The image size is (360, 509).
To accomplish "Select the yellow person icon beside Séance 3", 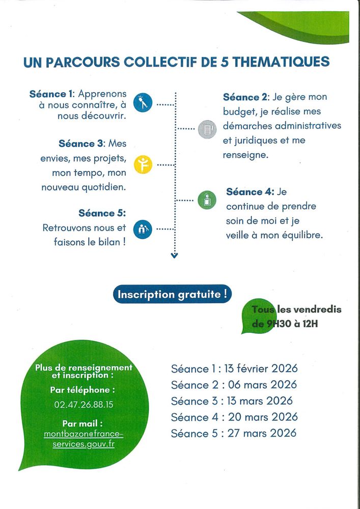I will tap(143, 164).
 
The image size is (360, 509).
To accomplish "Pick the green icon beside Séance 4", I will tap(207, 200).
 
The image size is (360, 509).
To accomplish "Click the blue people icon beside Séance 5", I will tap(143, 230).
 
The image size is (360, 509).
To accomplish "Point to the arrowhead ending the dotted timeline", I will tap(175, 256).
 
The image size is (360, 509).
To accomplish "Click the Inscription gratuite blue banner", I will tap(172, 294).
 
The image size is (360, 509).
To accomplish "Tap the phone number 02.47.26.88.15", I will tap(84, 405).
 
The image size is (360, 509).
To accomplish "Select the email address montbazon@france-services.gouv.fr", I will tap(84, 438).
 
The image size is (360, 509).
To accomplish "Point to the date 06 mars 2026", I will tap(254, 384).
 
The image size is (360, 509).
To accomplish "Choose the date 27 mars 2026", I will tap(254, 433).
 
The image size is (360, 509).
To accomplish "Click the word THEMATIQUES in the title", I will tap(282, 62).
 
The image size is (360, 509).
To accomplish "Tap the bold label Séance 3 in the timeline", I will tap(81, 144).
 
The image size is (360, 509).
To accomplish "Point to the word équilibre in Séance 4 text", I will tap(300, 235).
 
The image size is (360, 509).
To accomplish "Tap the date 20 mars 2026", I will tap(255, 417).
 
